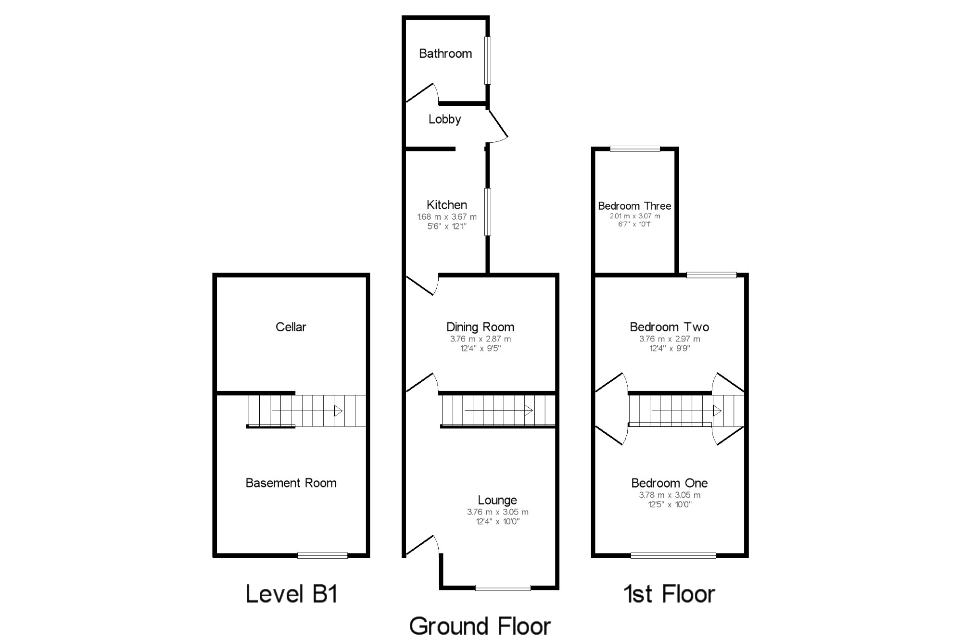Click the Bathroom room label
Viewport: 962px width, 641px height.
click(x=445, y=53)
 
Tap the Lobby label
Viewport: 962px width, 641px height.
click(x=444, y=119)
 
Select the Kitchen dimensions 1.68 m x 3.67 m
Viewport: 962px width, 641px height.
click(x=447, y=217)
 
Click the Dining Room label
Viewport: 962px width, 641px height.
click(x=480, y=327)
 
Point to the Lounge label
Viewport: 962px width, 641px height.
click(x=497, y=500)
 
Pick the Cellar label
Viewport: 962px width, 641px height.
click(x=291, y=327)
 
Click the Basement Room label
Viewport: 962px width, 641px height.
click(x=291, y=483)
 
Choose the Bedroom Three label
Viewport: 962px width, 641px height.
click(x=634, y=206)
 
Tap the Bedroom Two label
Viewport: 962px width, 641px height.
click(x=669, y=327)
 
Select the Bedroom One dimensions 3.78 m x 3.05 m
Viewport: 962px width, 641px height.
click(x=670, y=495)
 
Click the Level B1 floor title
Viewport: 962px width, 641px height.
click(x=291, y=594)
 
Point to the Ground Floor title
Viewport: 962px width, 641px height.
click(x=480, y=626)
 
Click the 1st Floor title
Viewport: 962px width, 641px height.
click(x=669, y=594)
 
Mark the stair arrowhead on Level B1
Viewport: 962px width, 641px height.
click(x=338, y=411)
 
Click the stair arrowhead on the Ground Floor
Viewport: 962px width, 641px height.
click(x=528, y=411)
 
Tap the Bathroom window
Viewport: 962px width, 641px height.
click(x=488, y=61)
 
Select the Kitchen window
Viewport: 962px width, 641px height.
click(x=488, y=212)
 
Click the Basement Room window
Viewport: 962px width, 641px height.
click(x=322, y=555)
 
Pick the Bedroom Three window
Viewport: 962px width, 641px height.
click(x=635, y=149)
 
